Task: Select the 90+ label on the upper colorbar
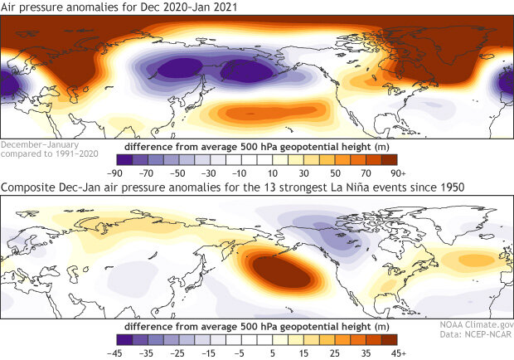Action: click(397, 173)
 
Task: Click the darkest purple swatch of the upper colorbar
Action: click(124, 160)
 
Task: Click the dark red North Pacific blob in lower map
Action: click(278, 270)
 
